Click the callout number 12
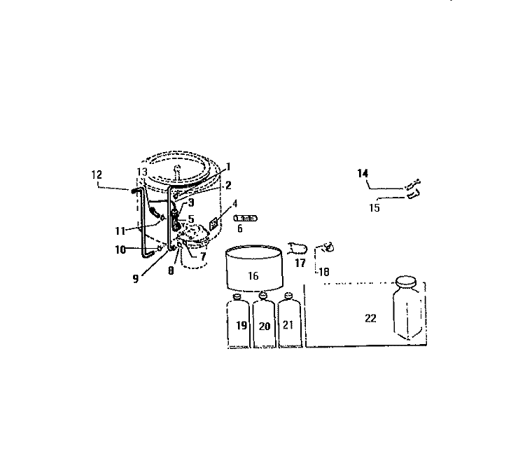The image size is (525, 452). (97, 174)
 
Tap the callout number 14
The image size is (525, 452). (363, 173)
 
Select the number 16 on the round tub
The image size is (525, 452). (253, 275)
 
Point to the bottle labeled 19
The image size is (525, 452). (238, 321)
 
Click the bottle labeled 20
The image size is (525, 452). (264, 320)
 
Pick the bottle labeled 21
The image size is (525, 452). (289, 320)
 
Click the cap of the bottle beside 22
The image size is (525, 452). (406, 281)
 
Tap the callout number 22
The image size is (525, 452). (370, 318)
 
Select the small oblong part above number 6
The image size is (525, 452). (246, 218)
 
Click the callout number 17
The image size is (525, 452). (300, 263)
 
